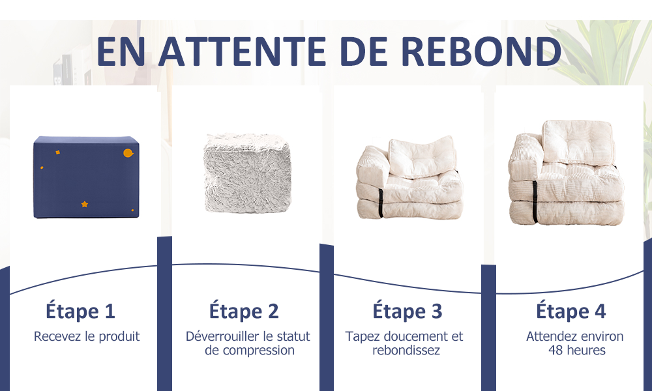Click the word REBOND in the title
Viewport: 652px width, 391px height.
coord(481,51)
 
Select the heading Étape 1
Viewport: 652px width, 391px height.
coord(80,311)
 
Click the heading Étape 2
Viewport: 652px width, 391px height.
coord(244,311)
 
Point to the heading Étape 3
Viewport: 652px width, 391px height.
coord(407,311)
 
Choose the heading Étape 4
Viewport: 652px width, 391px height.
coord(570,311)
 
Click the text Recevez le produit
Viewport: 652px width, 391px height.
coord(87,336)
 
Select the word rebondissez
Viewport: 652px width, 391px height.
coord(406,351)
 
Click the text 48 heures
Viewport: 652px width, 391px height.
coord(577,351)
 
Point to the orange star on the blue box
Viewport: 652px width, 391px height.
coord(84,204)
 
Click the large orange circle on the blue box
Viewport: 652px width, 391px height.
coord(128,153)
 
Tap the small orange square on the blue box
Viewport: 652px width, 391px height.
coord(58,152)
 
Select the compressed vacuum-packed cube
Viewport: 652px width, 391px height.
coord(247,173)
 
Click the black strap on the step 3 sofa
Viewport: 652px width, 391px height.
coord(381,203)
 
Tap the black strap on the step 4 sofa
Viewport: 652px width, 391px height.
coord(535,202)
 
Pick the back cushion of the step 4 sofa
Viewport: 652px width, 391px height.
coord(578,142)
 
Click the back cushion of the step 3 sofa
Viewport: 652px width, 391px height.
coord(422,157)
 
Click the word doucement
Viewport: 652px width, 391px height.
coord(417,336)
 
